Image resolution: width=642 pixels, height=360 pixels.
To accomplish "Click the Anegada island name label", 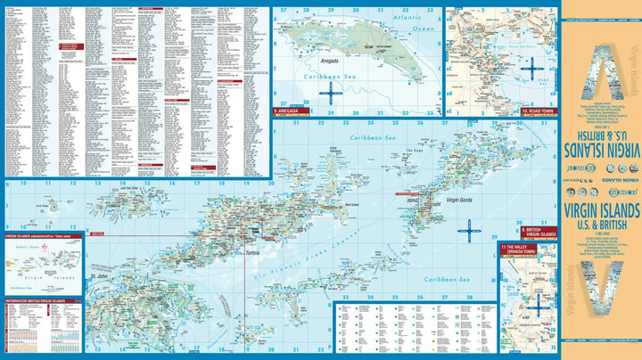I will pyautogui.click(x=332, y=61).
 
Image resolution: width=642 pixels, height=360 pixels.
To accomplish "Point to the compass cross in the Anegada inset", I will pyautogui.click(x=329, y=91).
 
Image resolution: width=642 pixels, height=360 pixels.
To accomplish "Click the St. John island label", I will pyautogui.click(x=100, y=289).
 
